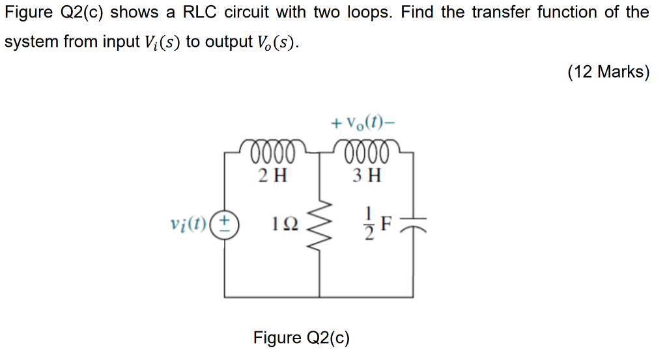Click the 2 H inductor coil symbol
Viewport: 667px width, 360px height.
[x=272, y=150]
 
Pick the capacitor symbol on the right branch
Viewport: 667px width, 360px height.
[x=412, y=225]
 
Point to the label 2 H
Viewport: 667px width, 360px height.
[x=272, y=175]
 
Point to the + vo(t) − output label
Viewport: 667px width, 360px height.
[x=363, y=122]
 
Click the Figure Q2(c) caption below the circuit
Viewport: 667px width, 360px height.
[x=302, y=338]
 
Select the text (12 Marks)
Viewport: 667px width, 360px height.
[x=608, y=72]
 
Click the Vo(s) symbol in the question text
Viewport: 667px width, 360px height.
[x=277, y=42]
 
